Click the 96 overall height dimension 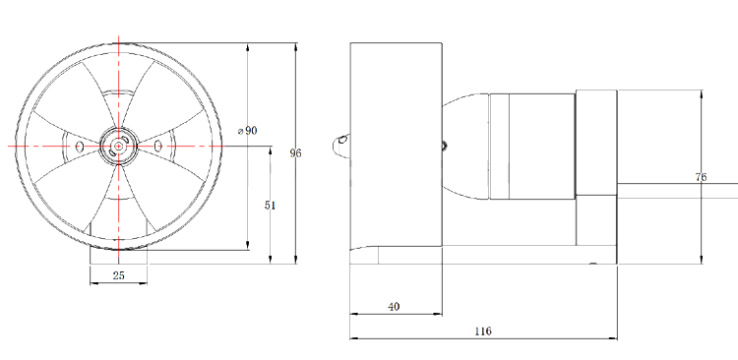[295, 152]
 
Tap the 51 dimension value [270, 206]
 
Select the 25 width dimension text [119, 275]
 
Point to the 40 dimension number [394, 306]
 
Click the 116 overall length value [483, 330]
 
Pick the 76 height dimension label [701, 177]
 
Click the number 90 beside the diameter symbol [251, 131]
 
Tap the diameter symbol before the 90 [240, 131]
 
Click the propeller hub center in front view [119, 147]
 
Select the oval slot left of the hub [80, 147]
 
